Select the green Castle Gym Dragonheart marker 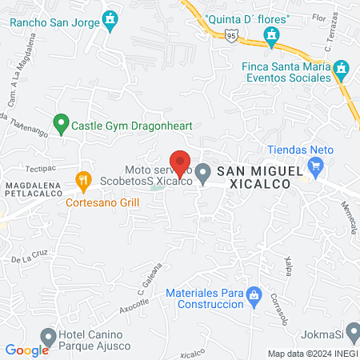59,124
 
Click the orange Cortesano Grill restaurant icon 82,182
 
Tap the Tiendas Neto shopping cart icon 316,167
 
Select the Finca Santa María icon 342,69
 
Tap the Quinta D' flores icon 272,35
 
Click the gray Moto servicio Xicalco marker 204,172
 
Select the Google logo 27,350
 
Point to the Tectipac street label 40,169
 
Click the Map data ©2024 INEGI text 312,354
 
